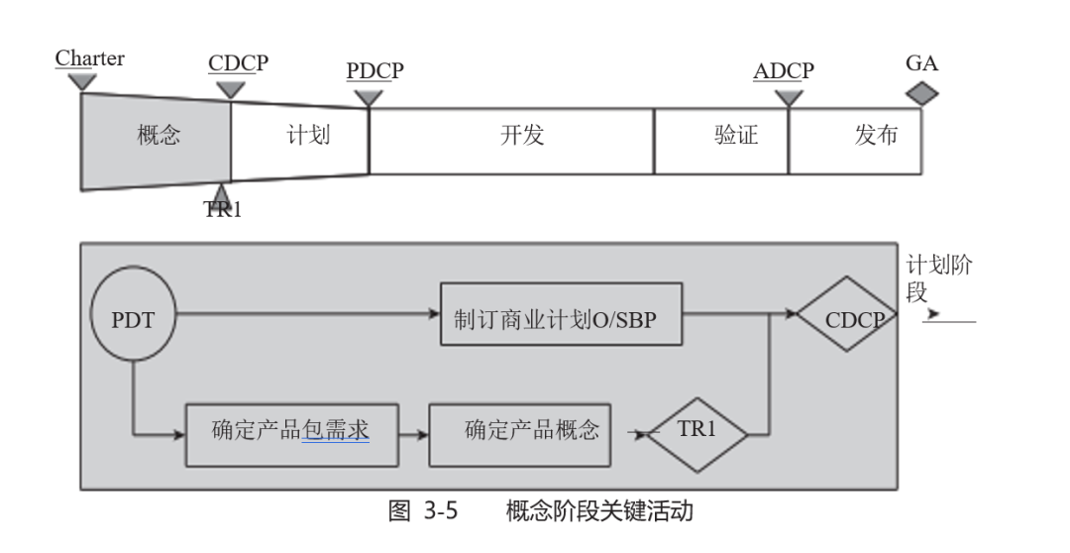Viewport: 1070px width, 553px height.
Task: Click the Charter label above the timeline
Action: tap(89, 58)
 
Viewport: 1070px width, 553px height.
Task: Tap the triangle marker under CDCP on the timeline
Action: tap(230, 90)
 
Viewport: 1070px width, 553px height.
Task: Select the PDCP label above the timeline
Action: tap(374, 70)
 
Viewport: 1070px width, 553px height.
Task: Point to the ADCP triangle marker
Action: tap(789, 97)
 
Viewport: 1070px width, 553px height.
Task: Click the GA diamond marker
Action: tap(922, 94)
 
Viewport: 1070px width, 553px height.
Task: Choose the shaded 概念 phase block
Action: tap(157, 136)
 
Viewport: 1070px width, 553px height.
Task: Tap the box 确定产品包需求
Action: tap(291, 432)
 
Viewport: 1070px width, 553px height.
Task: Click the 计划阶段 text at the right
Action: tap(937, 277)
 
